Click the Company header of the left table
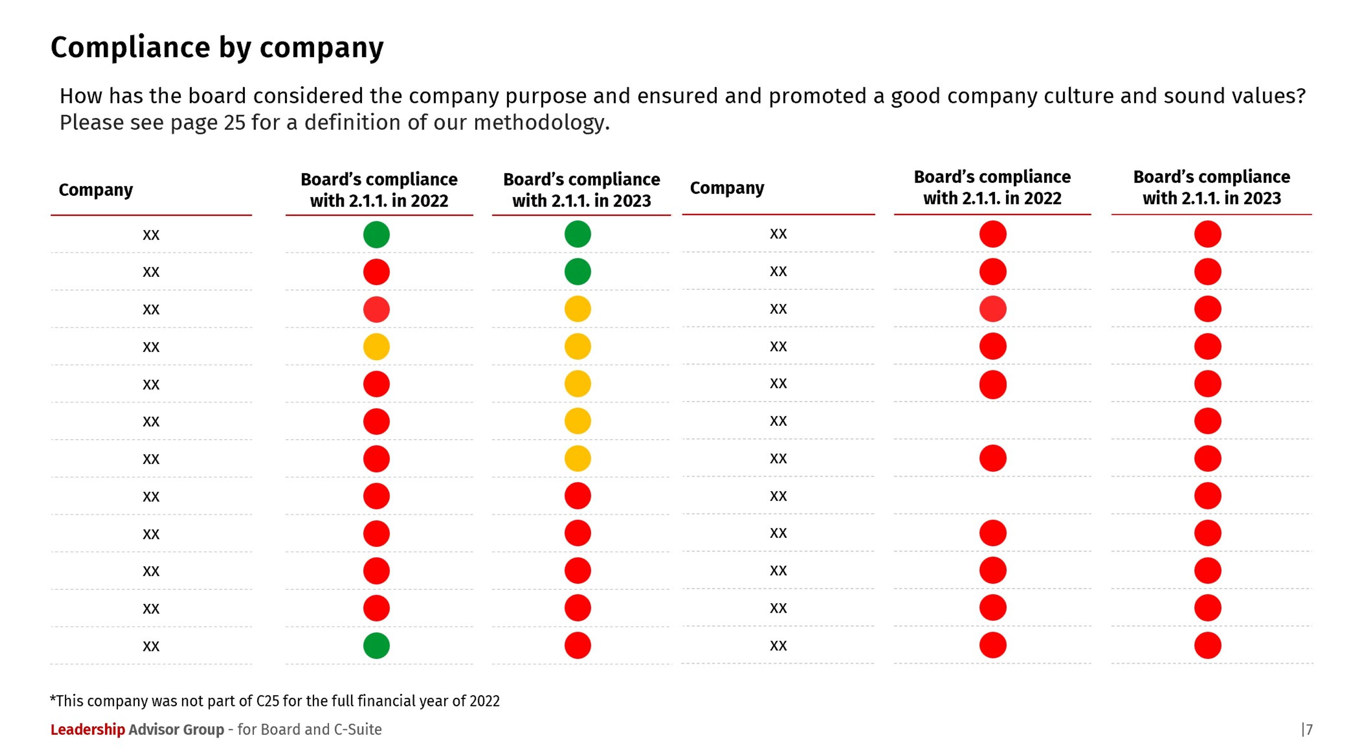pos(96,189)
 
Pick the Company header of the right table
pos(727,188)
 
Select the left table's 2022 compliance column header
pos(379,189)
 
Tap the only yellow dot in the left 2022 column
pos(376,347)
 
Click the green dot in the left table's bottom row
pos(376,646)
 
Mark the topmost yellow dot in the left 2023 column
pos(578,309)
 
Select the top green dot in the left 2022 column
pos(376,234)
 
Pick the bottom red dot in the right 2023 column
pos(1208,646)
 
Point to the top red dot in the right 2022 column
pos(992,234)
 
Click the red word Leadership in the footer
pos(88,729)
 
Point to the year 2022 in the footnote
pos(484,701)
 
